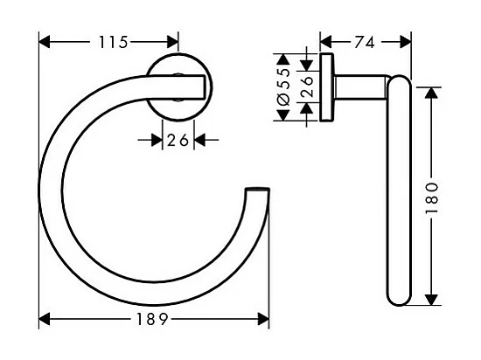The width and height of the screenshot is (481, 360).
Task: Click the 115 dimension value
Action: [x=112, y=42]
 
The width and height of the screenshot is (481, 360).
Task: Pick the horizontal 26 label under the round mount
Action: [x=178, y=139]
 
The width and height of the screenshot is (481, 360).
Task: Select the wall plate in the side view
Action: [x=327, y=87]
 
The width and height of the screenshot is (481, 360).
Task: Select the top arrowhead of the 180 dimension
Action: [x=429, y=92]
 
